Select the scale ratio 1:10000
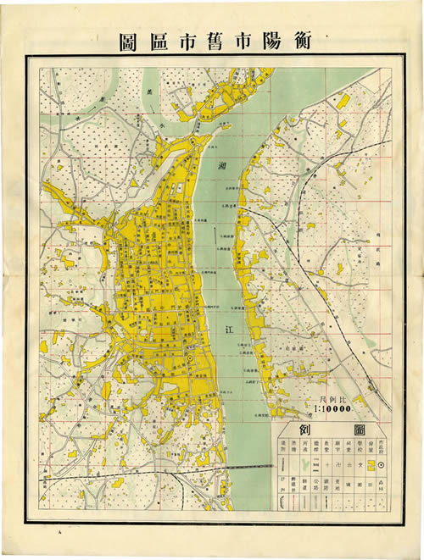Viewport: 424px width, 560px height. click(333, 409)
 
